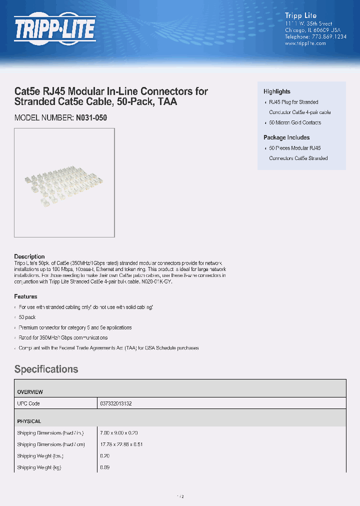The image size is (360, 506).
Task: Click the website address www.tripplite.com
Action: [305, 43]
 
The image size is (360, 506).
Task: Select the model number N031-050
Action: [91, 118]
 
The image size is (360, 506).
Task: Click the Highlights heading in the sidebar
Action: [277, 91]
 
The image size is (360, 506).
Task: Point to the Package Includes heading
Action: [286, 137]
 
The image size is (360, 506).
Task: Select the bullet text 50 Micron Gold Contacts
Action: [295, 122]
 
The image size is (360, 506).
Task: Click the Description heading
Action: [29, 256]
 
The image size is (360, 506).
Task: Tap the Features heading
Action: [25, 296]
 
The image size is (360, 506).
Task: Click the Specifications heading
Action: [46, 369]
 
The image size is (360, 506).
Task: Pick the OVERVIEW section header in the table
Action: [30, 392]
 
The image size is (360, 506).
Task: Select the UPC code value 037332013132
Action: [115, 403]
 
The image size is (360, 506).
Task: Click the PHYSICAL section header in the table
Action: [29, 421]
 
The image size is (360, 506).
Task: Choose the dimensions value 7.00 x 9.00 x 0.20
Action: [119, 433]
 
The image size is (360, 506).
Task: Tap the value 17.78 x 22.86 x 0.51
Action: [122, 444]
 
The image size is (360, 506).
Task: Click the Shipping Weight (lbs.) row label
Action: [40, 456]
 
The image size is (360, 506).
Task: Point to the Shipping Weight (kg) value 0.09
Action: [104, 467]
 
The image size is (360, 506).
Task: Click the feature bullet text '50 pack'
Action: [27, 317]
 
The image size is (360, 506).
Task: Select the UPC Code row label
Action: [28, 403]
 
